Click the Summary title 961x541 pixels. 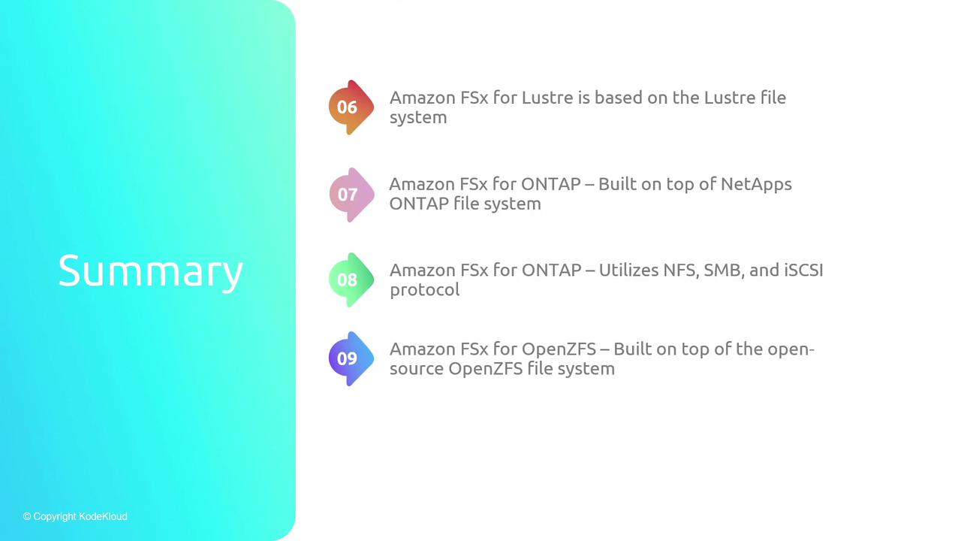151,271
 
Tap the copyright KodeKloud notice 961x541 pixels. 75,516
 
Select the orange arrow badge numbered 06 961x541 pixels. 351,107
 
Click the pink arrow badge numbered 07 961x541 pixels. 351,195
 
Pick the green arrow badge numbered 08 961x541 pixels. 351,280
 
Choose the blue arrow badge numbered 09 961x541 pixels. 351,358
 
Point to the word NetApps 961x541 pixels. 756,185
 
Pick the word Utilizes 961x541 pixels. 628,270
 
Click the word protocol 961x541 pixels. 425,290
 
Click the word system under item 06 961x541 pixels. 418,118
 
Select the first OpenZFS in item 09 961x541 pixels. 559,349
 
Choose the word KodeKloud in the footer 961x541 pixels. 103,516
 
